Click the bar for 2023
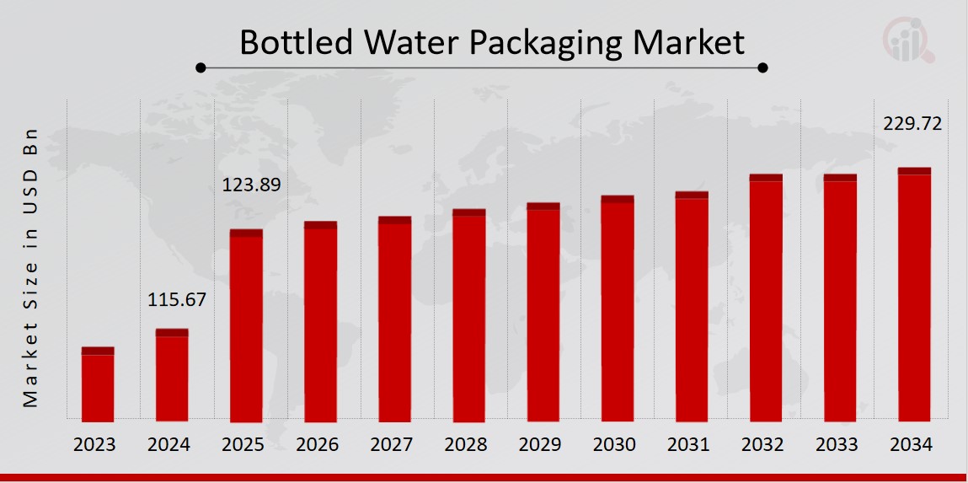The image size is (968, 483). [x=98, y=384]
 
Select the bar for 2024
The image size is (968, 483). [x=172, y=375]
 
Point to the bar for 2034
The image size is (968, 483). [x=914, y=294]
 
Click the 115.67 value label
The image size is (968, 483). [x=177, y=299]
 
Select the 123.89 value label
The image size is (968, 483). [x=251, y=185]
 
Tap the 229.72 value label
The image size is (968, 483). [x=912, y=124]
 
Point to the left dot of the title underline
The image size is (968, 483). [x=201, y=67]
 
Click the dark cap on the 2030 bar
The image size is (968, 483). [x=618, y=200]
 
